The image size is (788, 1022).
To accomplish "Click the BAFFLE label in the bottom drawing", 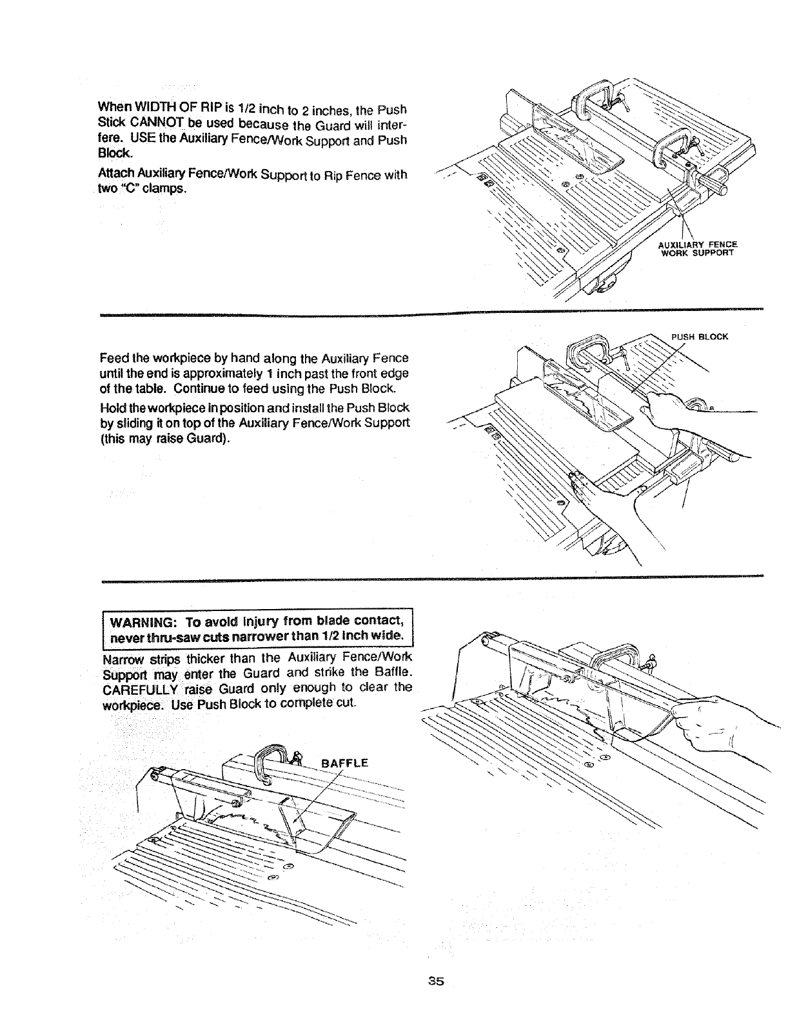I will (x=344, y=763).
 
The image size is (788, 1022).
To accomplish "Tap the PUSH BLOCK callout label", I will (x=700, y=336).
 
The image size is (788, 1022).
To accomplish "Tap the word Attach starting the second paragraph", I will (x=114, y=175).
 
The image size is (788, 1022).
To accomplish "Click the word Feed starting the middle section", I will (x=112, y=358).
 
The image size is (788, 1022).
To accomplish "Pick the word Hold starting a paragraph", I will (x=112, y=409).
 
